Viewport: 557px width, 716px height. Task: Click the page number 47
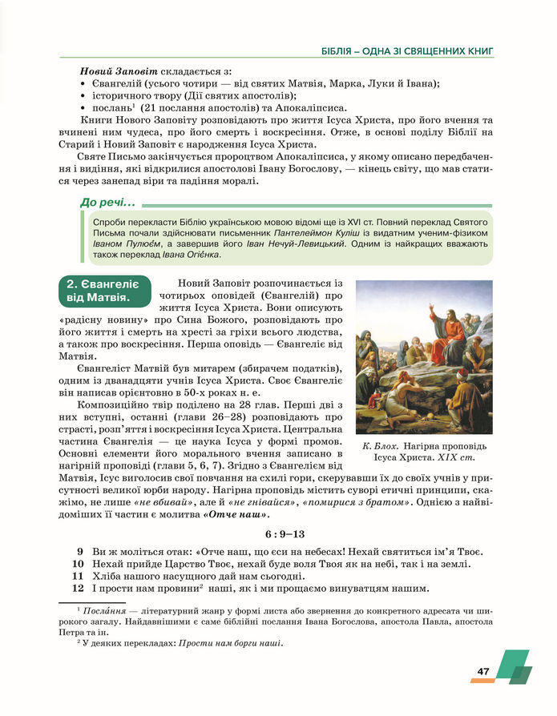[483, 671]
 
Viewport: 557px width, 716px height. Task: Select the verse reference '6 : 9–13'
[279, 533]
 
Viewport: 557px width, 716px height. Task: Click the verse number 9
[80, 552]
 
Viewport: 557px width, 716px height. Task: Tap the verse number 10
[78, 564]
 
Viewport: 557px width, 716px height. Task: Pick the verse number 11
[78, 576]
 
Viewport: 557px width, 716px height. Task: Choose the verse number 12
[78, 589]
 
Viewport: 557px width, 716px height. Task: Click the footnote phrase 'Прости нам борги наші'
[232, 643]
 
